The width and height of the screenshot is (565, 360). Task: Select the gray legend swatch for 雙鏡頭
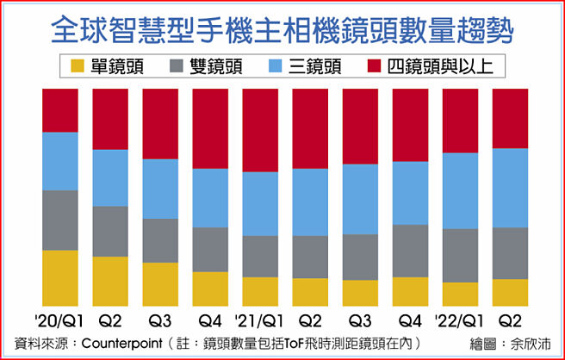177,66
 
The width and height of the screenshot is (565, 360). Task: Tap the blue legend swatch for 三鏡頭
280,66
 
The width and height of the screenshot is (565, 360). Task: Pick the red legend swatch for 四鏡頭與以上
382,66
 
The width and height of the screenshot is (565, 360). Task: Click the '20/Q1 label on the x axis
59,321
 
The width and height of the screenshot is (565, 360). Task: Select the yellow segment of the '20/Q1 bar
59,277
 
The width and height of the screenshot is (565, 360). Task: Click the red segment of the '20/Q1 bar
59,110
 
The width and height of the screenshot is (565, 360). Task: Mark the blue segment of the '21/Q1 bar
259,203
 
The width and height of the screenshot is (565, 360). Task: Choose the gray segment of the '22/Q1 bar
460,255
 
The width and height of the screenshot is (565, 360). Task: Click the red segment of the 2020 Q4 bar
209,128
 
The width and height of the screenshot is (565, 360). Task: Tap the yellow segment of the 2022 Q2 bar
510,292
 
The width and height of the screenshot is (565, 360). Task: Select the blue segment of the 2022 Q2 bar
510,188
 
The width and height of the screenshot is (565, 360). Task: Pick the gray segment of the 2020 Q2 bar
109,231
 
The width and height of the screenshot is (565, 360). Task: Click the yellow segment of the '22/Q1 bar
460,294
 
